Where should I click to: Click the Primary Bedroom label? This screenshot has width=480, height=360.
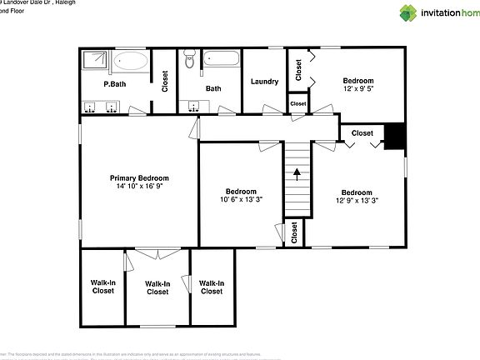140,178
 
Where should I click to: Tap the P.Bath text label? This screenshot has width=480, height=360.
114,84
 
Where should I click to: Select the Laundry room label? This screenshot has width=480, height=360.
264,81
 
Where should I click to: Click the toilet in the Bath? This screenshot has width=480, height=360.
190,60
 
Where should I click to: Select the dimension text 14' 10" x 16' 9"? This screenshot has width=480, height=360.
140,187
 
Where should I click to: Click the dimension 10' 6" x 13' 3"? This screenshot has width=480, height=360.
241,199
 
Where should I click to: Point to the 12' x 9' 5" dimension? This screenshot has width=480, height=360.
364,90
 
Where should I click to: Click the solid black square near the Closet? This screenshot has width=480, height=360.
394,136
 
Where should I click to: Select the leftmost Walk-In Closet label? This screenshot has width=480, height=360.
102,287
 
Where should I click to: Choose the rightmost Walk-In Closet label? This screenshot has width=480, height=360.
211,287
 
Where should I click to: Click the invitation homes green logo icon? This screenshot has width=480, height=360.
408,12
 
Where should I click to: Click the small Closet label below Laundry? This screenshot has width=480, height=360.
297,103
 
